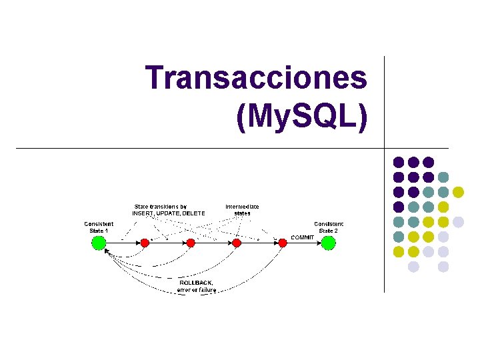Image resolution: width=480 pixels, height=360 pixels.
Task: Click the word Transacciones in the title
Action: coord(257,78)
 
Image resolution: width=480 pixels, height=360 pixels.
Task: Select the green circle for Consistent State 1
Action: coord(99,243)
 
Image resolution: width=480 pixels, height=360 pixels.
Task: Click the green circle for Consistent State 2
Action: coord(328,243)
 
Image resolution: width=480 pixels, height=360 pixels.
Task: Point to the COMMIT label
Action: coord(302,237)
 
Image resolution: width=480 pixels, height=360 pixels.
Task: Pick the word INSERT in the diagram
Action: coord(143,213)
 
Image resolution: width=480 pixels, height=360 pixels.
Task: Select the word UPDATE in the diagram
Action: coord(167,213)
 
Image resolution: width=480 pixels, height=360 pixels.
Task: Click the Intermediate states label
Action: coord(242,210)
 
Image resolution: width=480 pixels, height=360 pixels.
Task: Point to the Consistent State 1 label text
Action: coord(99,227)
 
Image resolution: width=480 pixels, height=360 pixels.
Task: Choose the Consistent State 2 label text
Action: coord(329,227)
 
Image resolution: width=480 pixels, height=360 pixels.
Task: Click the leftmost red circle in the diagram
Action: coord(145,243)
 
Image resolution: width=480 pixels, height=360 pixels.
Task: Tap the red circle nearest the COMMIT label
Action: coord(282,243)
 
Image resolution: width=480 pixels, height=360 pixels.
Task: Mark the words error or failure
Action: coord(196,290)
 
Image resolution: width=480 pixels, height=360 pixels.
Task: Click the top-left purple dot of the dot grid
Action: coord(399,162)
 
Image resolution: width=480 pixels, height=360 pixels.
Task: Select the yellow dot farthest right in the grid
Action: coord(458,192)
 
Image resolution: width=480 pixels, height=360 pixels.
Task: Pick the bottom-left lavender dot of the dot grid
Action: coord(413,267)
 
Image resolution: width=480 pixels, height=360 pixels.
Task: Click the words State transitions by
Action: coord(161,207)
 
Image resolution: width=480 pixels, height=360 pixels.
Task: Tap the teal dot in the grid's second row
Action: coord(443,177)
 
